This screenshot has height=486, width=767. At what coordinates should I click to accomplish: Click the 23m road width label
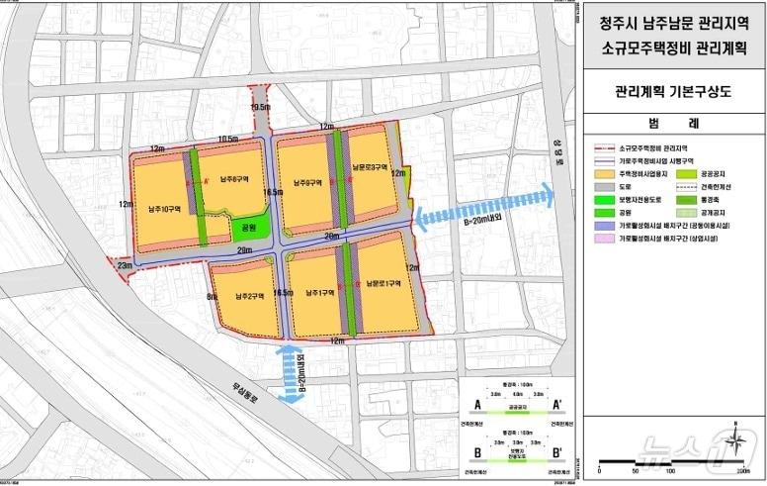pos(125,264)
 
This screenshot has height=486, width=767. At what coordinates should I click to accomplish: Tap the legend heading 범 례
pos(674,123)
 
